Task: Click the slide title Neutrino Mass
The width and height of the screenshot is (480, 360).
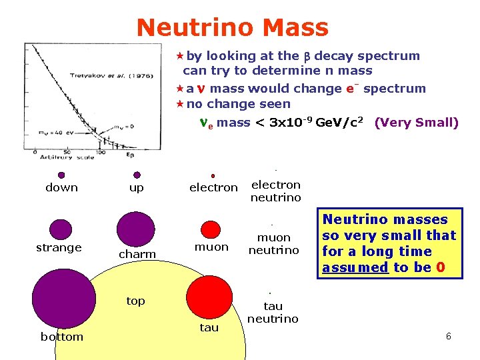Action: (232, 27)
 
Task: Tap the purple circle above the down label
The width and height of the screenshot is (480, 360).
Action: (61, 175)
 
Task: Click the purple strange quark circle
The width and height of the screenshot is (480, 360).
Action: (61, 229)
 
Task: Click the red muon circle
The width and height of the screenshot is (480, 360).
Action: (210, 229)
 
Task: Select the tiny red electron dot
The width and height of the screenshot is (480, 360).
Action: (213, 176)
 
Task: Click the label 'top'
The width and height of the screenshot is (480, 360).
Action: (135, 301)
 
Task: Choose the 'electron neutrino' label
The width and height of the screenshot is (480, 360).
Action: (275, 191)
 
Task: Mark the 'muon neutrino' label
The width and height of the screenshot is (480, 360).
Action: (273, 244)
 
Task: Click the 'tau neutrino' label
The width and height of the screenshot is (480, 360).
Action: (273, 313)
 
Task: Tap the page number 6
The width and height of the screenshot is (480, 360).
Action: (449, 337)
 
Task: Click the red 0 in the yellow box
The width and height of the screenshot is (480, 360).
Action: (440, 267)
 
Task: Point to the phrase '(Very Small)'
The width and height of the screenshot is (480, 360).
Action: (416, 123)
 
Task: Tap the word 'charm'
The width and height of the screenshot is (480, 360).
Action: (137, 254)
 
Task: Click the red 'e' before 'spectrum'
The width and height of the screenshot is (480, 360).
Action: (349, 89)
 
